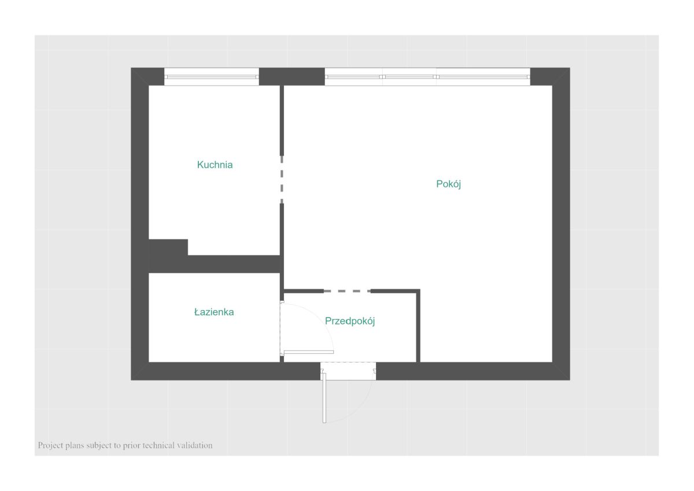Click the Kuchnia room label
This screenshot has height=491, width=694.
pyautogui.click(x=215, y=164)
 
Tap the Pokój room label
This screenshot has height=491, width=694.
pyautogui.click(x=448, y=184)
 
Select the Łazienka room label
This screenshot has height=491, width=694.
pyautogui.click(x=214, y=312)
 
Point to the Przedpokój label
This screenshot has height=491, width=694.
pyautogui.click(x=350, y=321)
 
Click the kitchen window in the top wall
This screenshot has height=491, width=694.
pyautogui.click(x=212, y=76)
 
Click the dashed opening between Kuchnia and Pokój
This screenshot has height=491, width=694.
pyautogui.click(x=282, y=180)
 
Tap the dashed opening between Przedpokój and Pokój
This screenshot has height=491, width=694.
pyautogui.click(x=348, y=291)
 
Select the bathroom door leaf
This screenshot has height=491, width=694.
pyautogui.click(x=309, y=352)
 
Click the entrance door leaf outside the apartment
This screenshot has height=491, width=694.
pyautogui.click(x=324, y=398)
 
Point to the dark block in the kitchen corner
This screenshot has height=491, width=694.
pyautogui.click(x=168, y=247)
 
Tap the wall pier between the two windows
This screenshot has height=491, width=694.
pyautogui.click(x=292, y=76)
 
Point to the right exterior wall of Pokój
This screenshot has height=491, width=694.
pyautogui.click(x=561, y=224)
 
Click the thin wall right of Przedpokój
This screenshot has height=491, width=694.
pyautogui.click(x=418, y=326)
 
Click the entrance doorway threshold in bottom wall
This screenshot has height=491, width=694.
pyautogui.click(x=348, y=371)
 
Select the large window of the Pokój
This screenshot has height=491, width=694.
pyautogui.click(x=427, y=76)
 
